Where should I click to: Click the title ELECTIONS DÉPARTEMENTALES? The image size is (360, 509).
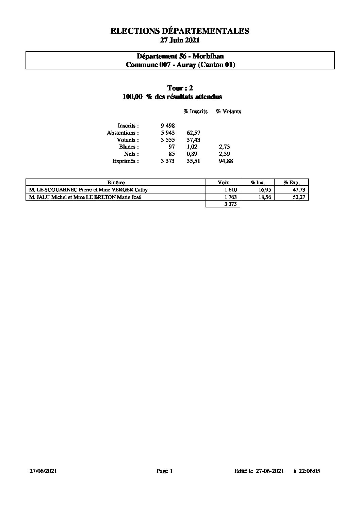click(x=180, y=31)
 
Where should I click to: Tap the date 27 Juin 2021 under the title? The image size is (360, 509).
click(x=180, y=40)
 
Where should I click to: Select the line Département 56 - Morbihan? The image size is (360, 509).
click(x=180, y=56)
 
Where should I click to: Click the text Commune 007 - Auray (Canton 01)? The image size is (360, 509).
click(x=180, y=65)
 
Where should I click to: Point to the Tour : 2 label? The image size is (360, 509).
click(x=180, y=88)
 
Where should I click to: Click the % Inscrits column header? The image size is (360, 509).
click(x=195, y=112)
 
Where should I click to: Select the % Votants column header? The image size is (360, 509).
click(x=228, y=112)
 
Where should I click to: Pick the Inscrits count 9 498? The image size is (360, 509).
click(x=168, y=126)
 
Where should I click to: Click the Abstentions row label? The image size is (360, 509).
click(x=123, y=133)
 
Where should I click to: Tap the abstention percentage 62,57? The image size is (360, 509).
click(x=193, y=133)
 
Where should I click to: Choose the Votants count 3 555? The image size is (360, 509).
click(x=168, y=140)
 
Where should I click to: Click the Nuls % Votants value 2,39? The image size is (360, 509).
click(x=225, y=154)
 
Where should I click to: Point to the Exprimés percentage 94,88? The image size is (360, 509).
click(x=226, y=161)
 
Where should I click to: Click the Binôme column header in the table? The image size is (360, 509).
click(x=116, y=183)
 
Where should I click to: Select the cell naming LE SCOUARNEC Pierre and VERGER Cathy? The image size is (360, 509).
click(x=88, y=190)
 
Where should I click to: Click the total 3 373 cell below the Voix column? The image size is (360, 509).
click(x=230, y=204)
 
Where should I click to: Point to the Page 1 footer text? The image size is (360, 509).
click(x=165, y=471)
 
